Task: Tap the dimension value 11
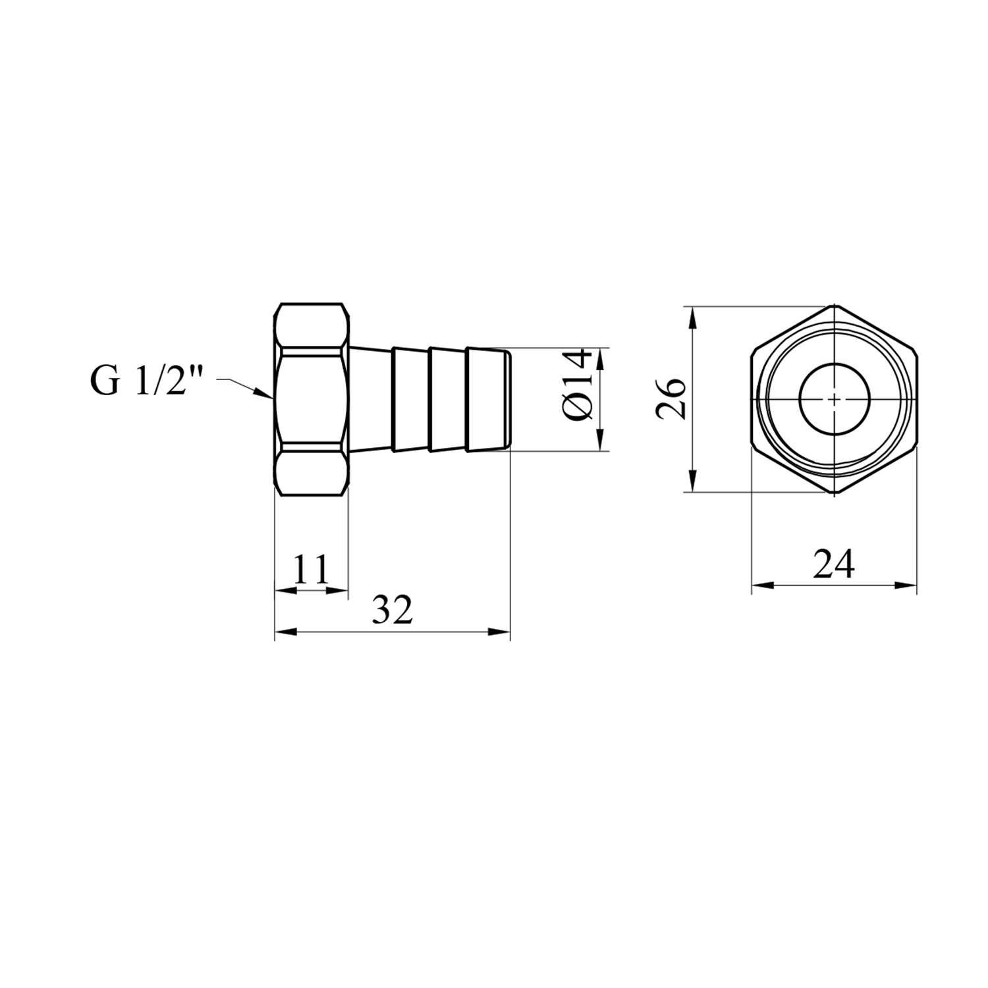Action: point(310,570)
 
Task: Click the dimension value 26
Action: point(671,398)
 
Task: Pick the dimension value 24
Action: point(833,564)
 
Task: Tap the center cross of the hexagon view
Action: point(835,399)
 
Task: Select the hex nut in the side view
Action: point(312,399)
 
